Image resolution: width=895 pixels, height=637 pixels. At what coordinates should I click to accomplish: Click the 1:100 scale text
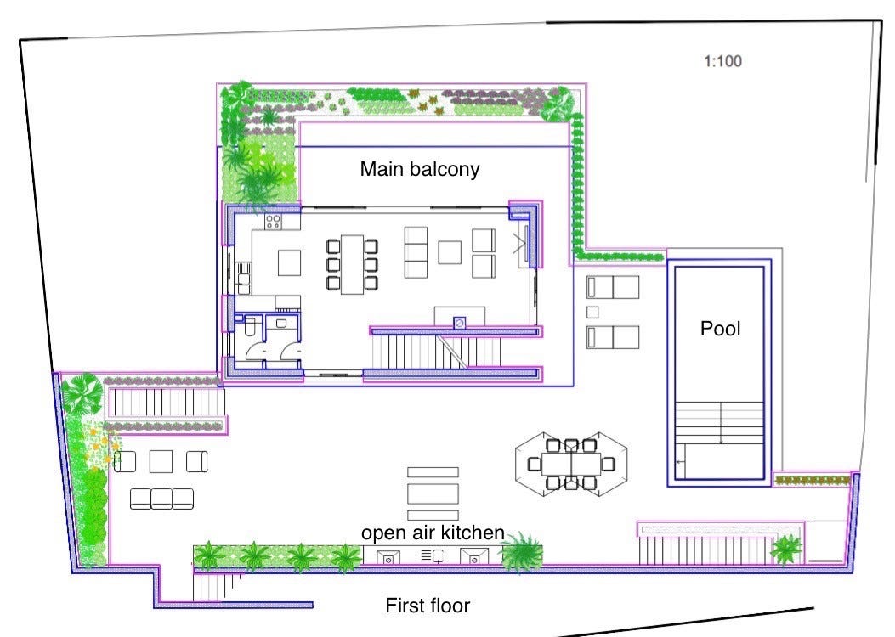click(x=724, y=61)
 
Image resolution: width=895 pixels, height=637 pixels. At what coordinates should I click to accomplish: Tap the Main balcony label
click(x=420, y=169)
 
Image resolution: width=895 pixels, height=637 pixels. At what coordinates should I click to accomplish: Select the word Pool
click(x=720, y=329)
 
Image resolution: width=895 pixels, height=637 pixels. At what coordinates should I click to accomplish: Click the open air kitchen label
click(x=433, y=533)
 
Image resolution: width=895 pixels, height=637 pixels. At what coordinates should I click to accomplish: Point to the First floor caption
click(x=428, y=606)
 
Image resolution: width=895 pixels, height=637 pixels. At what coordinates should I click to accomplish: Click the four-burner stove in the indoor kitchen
click(x=274, y=223)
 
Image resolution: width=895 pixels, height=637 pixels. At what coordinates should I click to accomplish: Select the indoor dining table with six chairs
click(x=352, y=265)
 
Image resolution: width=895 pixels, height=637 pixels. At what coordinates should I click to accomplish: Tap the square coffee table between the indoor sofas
click(x=450, y=252)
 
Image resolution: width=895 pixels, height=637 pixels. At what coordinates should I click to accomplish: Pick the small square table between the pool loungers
click(x=593, y=312)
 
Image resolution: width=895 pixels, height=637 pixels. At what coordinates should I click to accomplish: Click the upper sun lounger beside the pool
click(x=613, y=287)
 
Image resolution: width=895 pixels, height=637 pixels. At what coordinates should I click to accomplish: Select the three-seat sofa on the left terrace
click(x=161, y=499)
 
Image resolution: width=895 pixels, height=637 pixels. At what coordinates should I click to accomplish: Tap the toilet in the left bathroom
click(x=252, y=326)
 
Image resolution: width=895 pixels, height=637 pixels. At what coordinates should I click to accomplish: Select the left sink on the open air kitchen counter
click(x=388, y=557)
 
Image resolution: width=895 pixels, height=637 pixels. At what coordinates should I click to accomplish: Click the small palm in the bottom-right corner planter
click(x=785, y=550)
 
